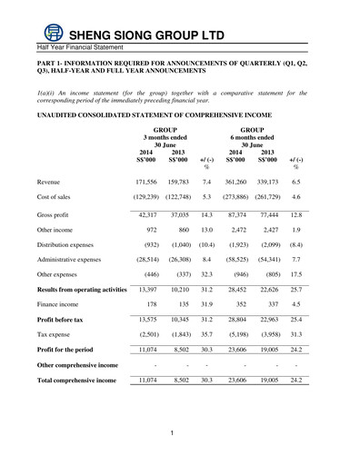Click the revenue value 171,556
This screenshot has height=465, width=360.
[145, 183]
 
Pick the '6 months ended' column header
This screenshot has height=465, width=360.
[254, 138]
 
